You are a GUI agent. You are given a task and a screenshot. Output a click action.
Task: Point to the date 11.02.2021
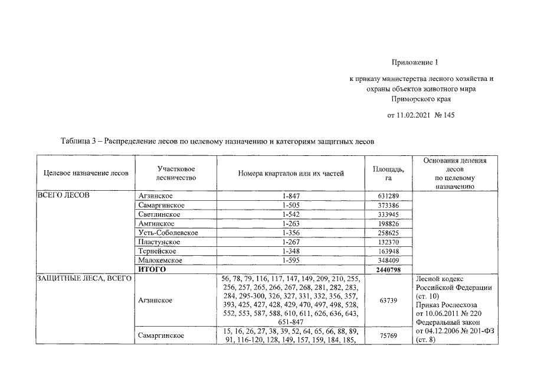point(416,115)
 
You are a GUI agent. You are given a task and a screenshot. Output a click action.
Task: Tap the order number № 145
point(445,115)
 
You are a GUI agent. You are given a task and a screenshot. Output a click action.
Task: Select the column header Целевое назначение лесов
point(86,173)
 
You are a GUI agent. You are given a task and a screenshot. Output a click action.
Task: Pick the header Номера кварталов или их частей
point(291,173)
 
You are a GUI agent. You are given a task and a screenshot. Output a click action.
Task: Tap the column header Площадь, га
point(388,173)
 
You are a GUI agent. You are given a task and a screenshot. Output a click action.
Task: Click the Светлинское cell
point(159,214)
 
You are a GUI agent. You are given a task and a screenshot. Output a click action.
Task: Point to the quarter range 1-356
point(291,233)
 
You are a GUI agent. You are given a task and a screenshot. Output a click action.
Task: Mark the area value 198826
point(388,223)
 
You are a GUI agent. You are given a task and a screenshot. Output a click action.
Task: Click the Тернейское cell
point(158,251)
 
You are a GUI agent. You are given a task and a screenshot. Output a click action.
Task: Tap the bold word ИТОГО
point(152,269)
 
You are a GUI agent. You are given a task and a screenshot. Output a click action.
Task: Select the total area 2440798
point(388,269)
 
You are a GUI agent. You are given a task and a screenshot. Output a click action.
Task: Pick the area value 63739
point(388,300)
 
